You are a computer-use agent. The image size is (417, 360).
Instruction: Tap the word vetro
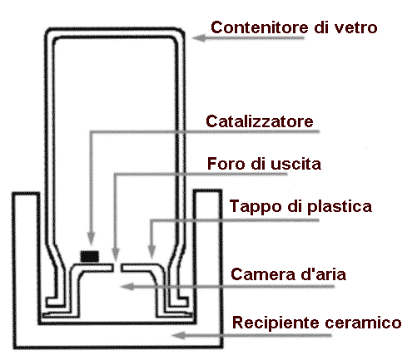click(356, 28)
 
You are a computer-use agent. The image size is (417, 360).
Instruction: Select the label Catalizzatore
click(260, 121)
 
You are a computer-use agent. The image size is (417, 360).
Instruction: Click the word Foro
click(226, 164)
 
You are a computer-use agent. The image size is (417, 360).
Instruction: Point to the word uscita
click(295, 164)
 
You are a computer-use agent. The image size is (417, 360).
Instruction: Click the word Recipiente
click(276, 323)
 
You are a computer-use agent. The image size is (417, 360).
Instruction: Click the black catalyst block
click(89, 256)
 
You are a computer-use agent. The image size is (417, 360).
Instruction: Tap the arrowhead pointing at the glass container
click(199, 37)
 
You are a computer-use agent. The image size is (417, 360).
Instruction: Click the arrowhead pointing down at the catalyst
click(92, 239)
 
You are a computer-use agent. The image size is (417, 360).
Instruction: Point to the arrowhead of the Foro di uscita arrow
click(116, 254)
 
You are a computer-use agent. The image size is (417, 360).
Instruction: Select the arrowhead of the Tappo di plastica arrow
click(151, 251)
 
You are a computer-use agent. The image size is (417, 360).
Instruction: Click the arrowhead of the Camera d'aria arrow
click(127, 286)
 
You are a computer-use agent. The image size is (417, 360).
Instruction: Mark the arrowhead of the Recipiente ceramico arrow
click(178, 335)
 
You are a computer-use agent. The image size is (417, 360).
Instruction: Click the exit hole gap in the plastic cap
click(117, 268)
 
